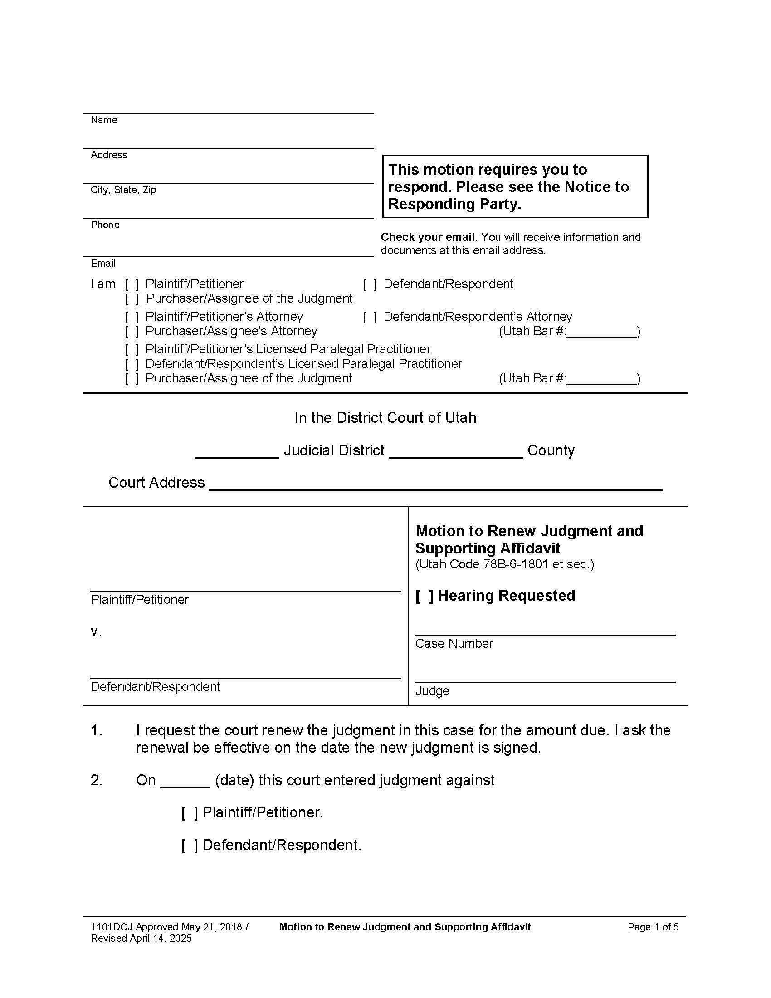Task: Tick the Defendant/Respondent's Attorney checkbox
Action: point(370,317)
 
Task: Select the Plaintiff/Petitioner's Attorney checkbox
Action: point(132,317)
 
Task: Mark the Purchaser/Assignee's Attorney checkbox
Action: point(132,331)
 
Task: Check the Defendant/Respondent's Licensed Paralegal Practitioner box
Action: point(132,364)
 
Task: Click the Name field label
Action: point(104,120)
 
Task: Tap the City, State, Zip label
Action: point(123,190)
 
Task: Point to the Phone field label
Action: point(105,225)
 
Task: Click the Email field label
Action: point(103,264)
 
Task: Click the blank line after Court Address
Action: point(435,484)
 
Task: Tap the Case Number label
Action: point(454,644)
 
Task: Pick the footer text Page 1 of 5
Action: point(653,927)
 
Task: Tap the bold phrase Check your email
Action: point(429,237)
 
